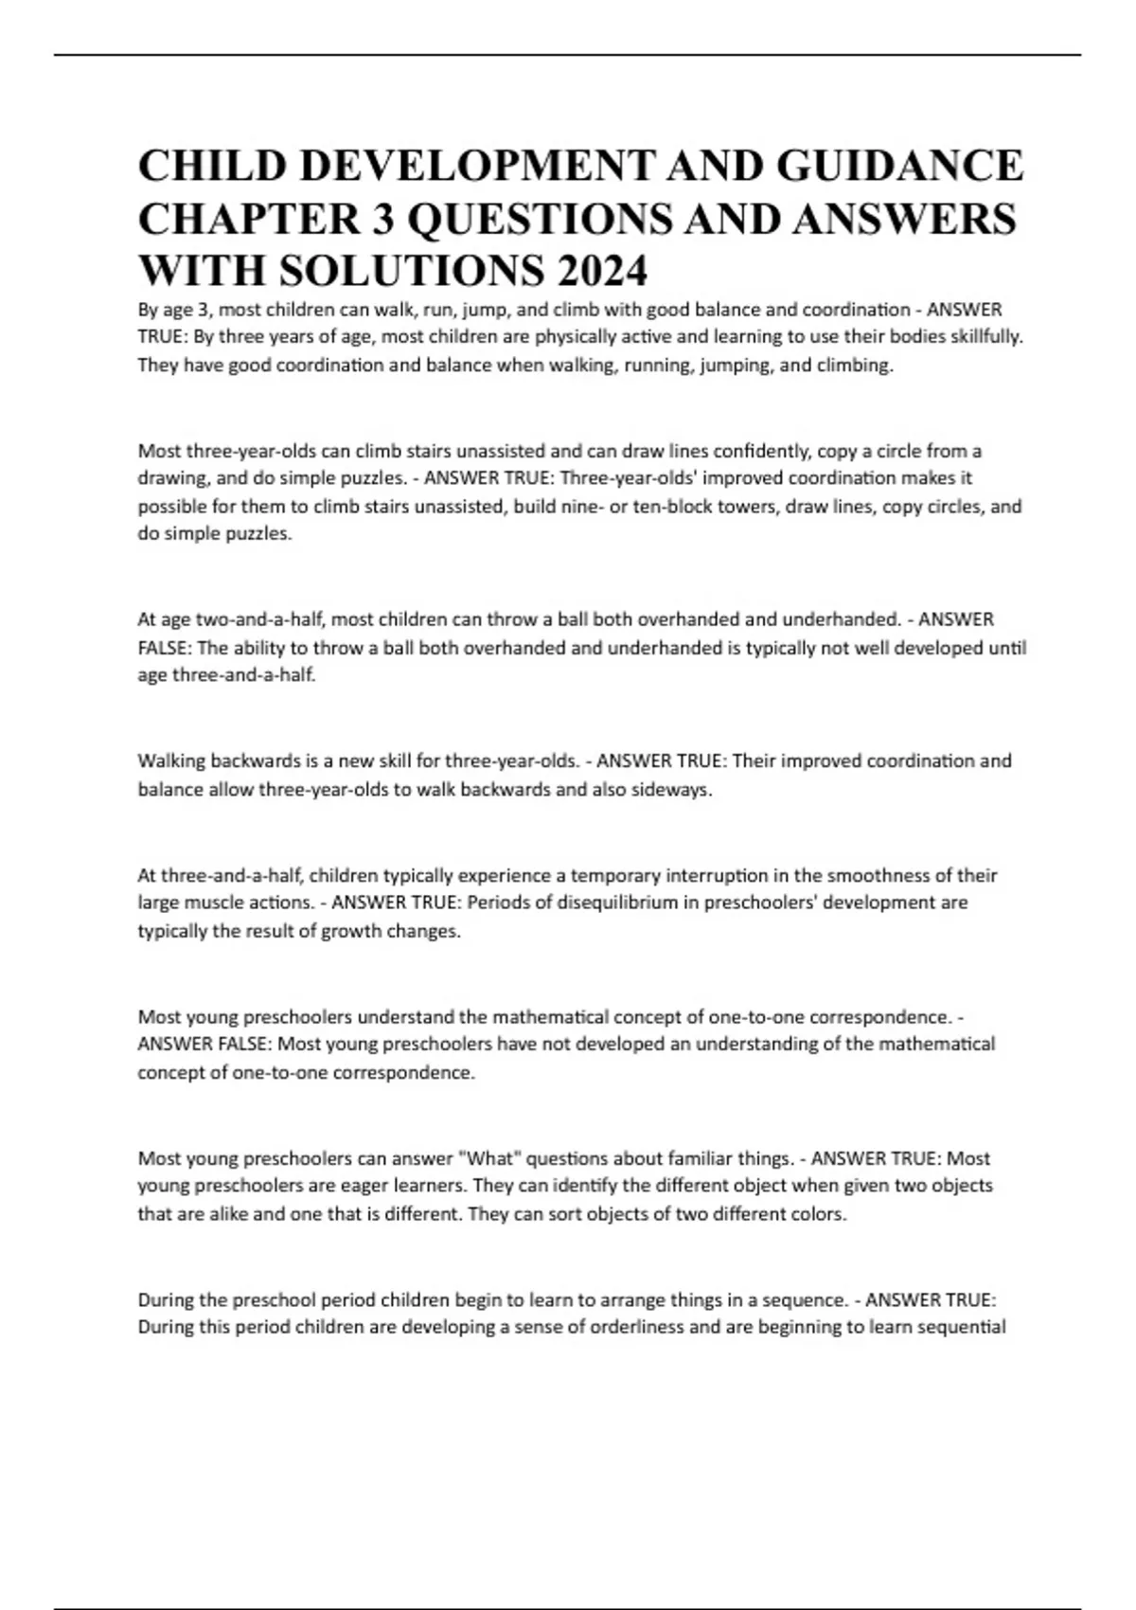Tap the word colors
tap(818, 1214)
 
